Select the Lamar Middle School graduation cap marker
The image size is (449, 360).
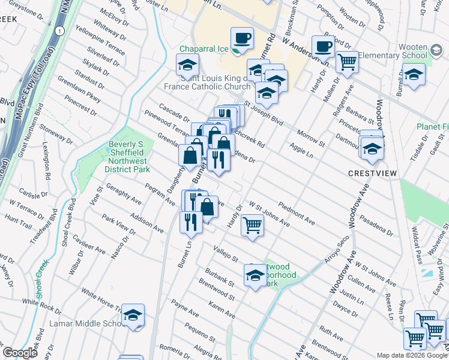pyautogui.click(x=133, y=316)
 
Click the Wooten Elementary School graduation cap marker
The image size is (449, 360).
pyautogui.click(x=414, y=75)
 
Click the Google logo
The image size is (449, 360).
pyautogui.click(x=20, y=353)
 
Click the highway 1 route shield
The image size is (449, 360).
pyautogui.click(x=59, y=30)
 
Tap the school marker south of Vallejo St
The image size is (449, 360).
pyautogui.click(x=255, y=275)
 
